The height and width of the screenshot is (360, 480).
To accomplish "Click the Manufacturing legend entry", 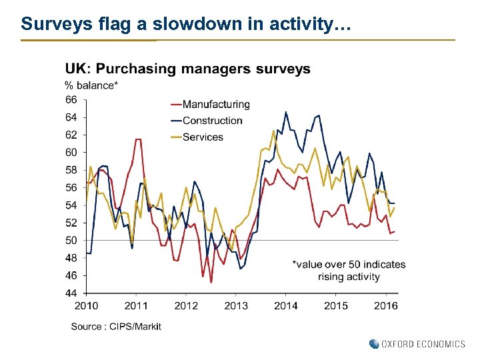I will point(215,104).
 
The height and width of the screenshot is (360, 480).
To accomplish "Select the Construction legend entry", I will point(212,121).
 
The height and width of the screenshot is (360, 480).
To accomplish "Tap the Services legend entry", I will point(203,137).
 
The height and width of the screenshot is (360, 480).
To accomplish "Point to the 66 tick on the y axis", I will point(71,99).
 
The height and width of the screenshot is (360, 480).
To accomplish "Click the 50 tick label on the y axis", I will point(71,240).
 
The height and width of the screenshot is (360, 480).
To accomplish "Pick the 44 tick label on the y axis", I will point(71,293).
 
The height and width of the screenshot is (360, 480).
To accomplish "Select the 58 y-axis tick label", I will point(71,170).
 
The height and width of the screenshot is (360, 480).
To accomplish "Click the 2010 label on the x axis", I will point(87,305).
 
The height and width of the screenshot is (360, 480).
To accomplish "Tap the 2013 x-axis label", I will point(236,305).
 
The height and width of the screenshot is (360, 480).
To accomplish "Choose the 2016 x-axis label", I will point(385,305).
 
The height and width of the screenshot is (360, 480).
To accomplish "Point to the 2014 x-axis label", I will point(286,305).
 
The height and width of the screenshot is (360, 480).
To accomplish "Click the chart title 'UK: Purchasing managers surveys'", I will point(187,69).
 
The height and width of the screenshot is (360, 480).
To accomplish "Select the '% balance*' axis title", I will point(91,85).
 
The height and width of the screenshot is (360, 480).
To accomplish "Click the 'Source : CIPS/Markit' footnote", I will point(116,326).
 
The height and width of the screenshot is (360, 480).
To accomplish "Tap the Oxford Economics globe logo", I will point(374,344).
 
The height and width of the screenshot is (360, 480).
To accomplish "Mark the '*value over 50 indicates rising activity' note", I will point(349,270).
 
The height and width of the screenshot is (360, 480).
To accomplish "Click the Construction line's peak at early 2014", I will point(286,112).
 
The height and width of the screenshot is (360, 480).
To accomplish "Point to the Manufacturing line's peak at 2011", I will point(137,139).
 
